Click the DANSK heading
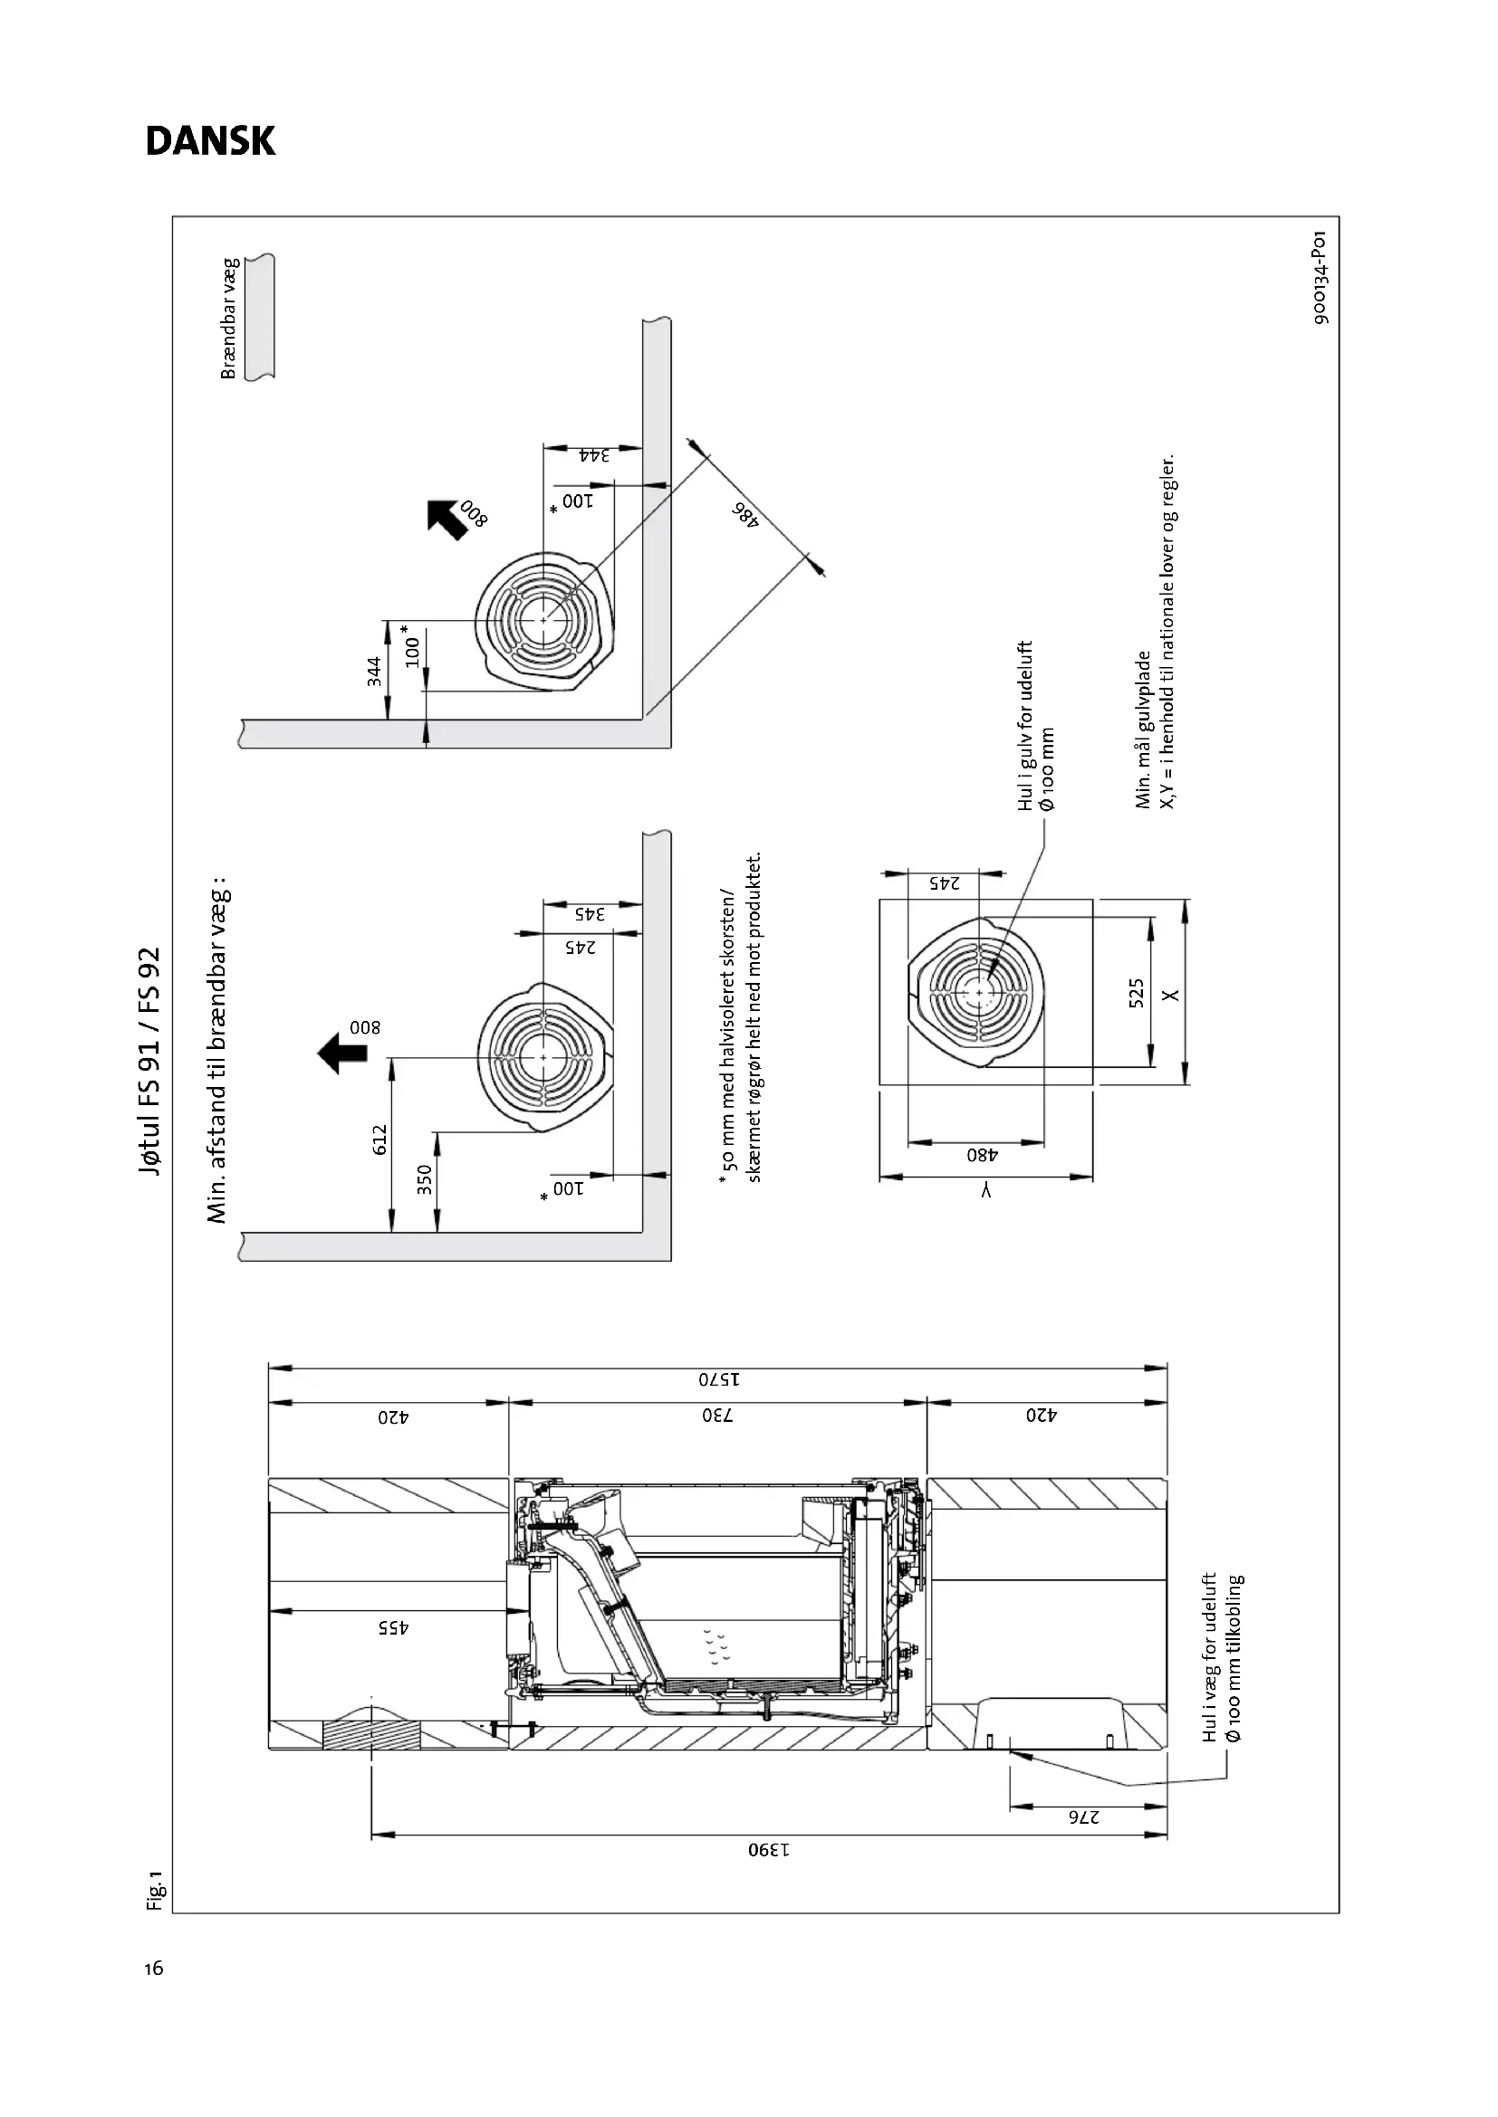210,141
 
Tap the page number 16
154,1969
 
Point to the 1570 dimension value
719,1380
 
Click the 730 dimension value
717,1416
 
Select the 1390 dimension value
768,1851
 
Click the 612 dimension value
379,1140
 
